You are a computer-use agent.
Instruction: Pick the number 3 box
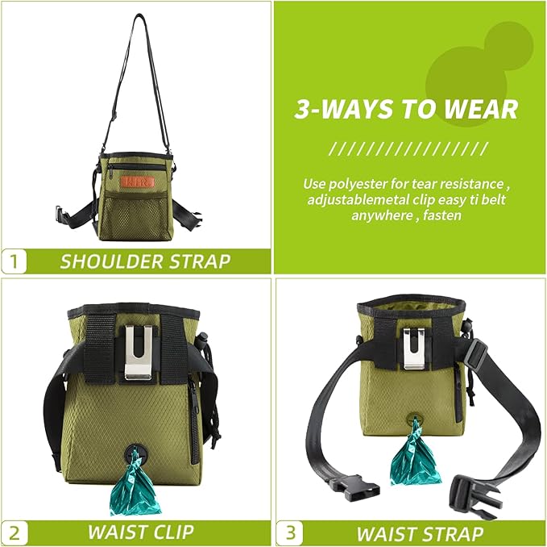(289, 532)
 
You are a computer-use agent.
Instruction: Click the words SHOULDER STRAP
(145, 261)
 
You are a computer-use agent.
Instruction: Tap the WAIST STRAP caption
(420, 533)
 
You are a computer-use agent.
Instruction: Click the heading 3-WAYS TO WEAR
(406, 109)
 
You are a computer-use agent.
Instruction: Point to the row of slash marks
(408, 148)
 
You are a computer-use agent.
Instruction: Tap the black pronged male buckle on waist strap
(471, 489)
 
